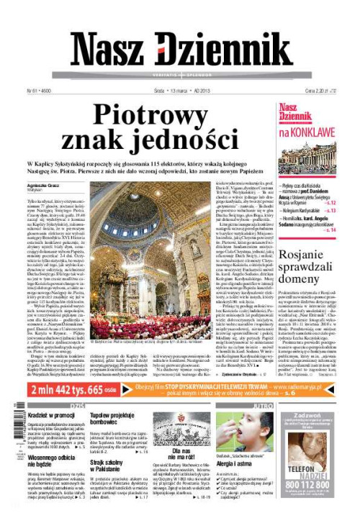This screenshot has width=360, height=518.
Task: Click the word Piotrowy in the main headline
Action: (158, 114)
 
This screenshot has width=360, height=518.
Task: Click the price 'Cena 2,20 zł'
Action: (328, 91)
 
